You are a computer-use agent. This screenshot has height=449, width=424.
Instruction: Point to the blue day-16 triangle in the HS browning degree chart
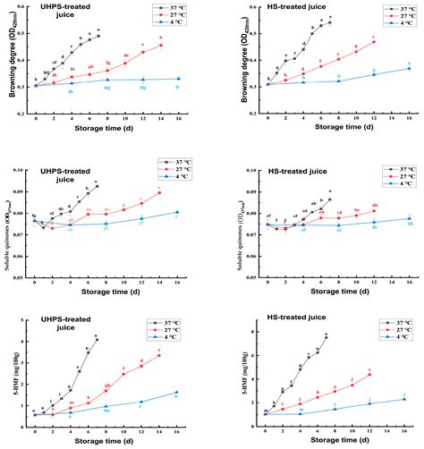409,69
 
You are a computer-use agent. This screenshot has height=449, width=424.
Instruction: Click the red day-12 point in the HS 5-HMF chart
369,374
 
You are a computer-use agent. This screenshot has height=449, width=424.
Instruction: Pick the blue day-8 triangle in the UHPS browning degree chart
107,80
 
